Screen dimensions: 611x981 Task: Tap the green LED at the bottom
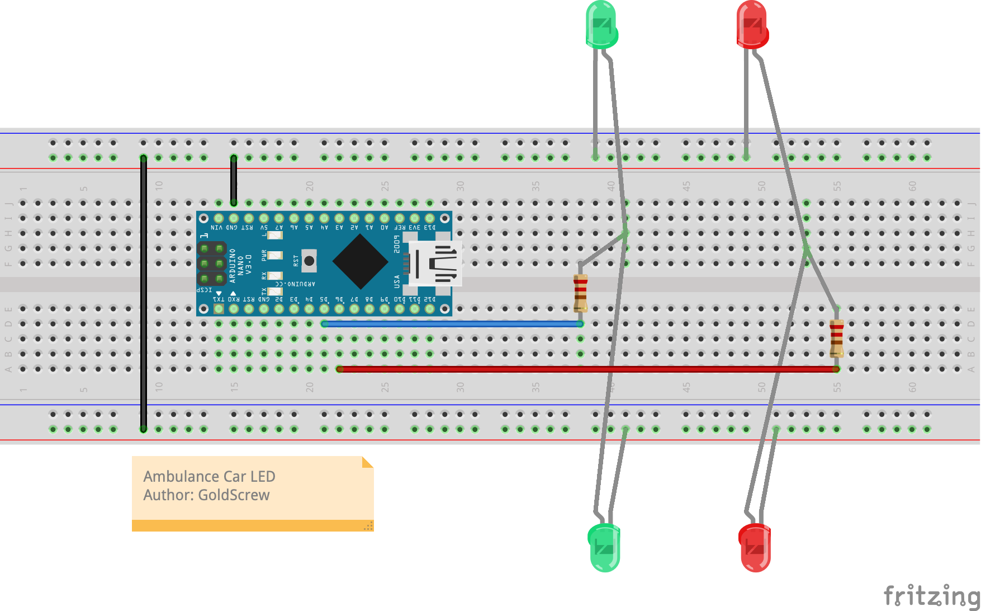point(605,547)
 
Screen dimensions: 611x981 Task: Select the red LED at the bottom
point(755,547)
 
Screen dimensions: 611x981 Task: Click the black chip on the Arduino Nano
point(360,262)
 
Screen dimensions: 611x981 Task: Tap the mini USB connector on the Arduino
point(435,263)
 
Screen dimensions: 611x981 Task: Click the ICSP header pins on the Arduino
point(211,263)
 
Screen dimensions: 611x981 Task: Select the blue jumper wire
point(453,324)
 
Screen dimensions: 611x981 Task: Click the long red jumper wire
point(587,369)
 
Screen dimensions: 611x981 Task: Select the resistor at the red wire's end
point(836,338)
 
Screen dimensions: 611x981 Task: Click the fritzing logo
point(931,595)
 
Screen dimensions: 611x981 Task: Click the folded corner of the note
point(367,462)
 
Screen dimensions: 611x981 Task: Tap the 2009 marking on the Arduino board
point(397,244)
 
